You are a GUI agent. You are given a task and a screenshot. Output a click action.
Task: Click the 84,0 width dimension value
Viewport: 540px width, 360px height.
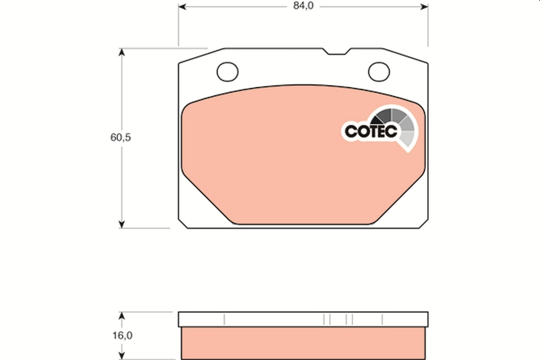[x=302, y=6]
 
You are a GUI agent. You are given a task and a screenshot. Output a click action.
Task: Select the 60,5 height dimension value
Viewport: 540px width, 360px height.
[x=120, y=138]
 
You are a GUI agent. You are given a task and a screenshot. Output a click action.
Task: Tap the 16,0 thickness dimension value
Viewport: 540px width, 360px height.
[x=120, y=335]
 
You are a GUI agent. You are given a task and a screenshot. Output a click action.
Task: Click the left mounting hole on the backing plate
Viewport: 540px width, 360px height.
[x=227, y=71]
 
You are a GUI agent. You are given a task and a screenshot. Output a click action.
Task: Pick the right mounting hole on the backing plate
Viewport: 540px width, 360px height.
[x=379, y=71]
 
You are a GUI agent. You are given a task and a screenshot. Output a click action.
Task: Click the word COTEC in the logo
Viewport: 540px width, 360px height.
[x=370, y=130]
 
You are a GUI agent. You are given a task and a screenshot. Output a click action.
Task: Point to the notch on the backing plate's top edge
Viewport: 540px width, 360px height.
[x=337, y=52]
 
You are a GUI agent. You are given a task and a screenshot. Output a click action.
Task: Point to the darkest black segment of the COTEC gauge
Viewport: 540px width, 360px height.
[x=382, y=118]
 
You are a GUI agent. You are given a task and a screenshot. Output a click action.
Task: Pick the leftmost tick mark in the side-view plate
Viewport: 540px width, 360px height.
[x=224, y=319]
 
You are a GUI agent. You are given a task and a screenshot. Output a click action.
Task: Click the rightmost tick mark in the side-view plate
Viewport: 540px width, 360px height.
[x=382, y=319]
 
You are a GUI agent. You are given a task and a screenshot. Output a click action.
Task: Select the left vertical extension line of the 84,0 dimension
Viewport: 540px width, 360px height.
[x=179, y=27]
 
